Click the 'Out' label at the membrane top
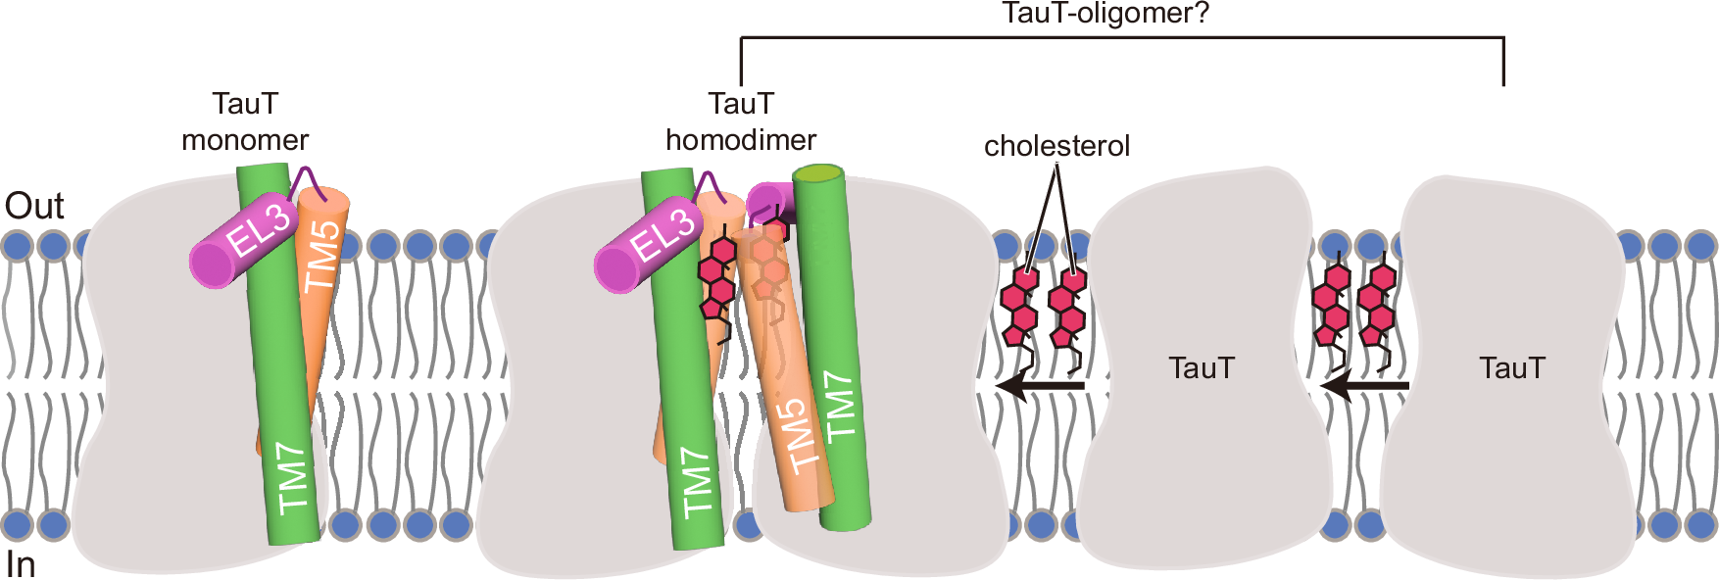point(34,206)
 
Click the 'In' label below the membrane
point(21,564)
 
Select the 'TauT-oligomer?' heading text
point(1105,14)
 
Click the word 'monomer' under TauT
point(245,140)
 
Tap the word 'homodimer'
point(741,140)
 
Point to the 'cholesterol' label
point(1056,146)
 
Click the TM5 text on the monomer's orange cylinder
point(322,256)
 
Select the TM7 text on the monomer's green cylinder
point(293,478)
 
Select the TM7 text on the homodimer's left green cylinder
point(696,482)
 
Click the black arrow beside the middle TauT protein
point(1040,386)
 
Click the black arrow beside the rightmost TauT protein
point(1364,386)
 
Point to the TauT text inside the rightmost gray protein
point(1512,368)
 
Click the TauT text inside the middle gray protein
point(1202,368)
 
